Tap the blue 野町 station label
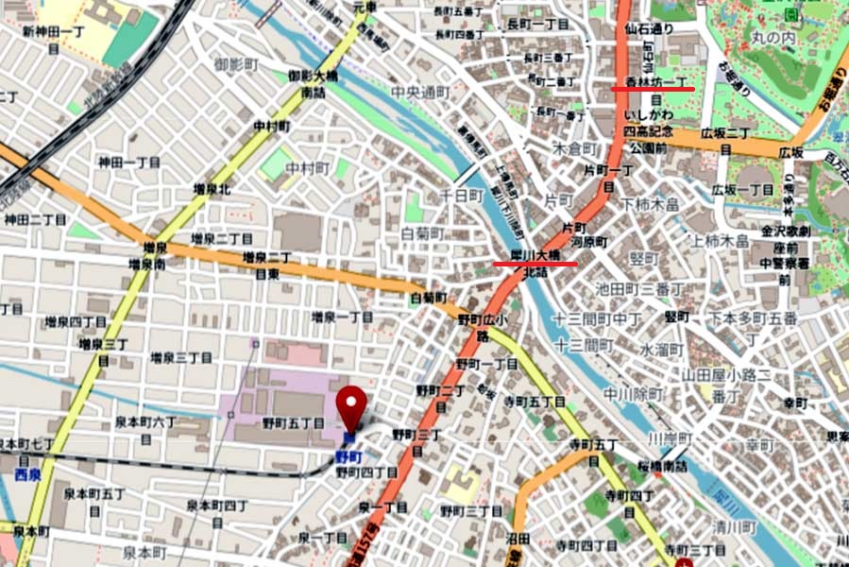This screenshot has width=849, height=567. (x=348, y=456)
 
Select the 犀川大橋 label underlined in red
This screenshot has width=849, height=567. (x=535, y=255)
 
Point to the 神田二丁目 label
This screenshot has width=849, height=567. (x=35, y=219)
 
